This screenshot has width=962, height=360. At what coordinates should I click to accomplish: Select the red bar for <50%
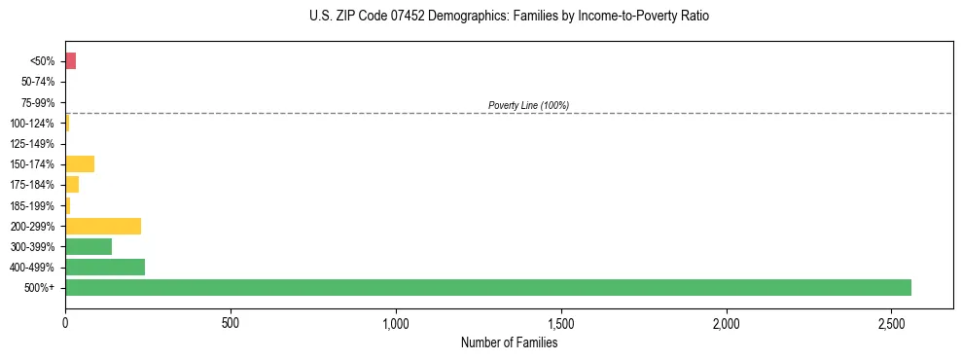tap(70, 61)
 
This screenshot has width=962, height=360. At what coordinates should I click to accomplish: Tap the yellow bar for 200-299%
tap(103, 226)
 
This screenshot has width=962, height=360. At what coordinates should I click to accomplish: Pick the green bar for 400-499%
tap(105, 267)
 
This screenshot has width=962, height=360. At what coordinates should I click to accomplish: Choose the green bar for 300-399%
tap(89, 246)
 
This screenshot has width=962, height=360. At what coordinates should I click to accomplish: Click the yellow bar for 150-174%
tap(80, 163)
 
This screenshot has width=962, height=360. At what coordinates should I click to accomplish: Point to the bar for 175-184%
tap(72, 184)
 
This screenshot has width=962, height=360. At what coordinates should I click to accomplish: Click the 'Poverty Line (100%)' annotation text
tap(528, 105)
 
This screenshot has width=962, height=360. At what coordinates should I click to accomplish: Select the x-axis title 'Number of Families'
tap(509, 342)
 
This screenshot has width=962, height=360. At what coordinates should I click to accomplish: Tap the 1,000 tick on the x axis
tap(396, 321)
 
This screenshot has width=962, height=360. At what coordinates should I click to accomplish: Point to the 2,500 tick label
tap(892, 321)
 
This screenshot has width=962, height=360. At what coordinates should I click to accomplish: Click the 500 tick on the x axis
tap(231, 321)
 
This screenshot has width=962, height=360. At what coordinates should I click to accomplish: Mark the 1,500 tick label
tap(561, 321)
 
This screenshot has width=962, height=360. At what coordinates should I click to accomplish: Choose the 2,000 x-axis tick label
tap(727, 321)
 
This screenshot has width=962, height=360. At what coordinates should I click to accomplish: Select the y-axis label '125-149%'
tap(33, 143)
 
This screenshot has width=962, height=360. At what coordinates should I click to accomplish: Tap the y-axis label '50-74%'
tap(38, 82)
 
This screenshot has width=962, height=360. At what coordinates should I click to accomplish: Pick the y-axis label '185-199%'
tap(33, 205)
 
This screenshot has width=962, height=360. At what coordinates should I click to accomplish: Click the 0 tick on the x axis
tap(65, 321)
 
